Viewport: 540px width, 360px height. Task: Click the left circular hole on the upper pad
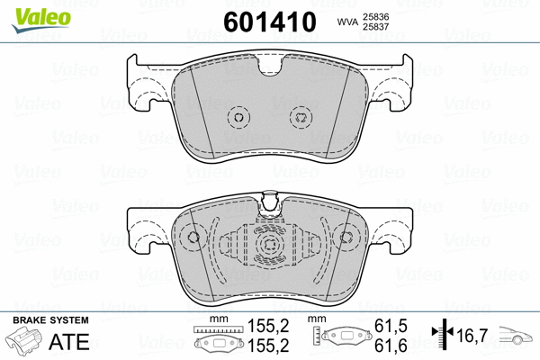click(x=238, y=116)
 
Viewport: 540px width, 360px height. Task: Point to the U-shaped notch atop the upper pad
click(x=270, y=67)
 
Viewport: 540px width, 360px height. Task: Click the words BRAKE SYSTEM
click(x=49, y=321)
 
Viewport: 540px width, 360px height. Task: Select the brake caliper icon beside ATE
click(x=27, y=343)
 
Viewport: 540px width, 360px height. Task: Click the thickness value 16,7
click(x=472, y=337)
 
